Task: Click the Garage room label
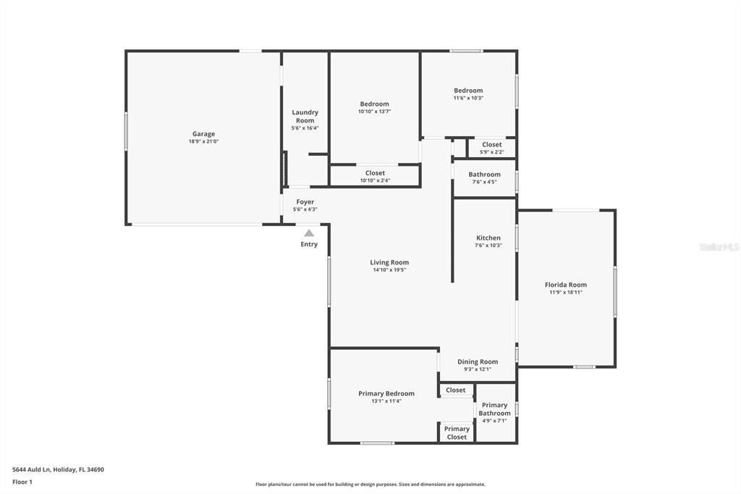[x=203, y=134]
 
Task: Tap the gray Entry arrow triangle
[x=309, y=233]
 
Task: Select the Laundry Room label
[x=305, y=117]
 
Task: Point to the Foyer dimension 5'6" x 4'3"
[x=305, y=209]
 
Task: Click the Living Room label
[x=389, y=262]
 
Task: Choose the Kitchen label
[x=488, y=238]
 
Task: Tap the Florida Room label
[x=566, y=285]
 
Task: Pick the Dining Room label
[x=478, y=361]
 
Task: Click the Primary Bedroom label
[x=386, y=393]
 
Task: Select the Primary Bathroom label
[x=494, y=409]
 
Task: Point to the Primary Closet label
[x=457, y=433]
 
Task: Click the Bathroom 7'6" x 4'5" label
[x=484, y=175]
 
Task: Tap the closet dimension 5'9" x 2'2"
[x=491, y=152]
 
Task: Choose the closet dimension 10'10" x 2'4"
[x=375, y=180]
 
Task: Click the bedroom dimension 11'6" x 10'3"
[x=468, y=98]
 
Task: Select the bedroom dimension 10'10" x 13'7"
[x=374, y=112]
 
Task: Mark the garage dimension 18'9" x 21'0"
[x=203, y=142]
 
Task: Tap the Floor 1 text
[x=22, y=482]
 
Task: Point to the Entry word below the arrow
[x=309, y=245]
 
